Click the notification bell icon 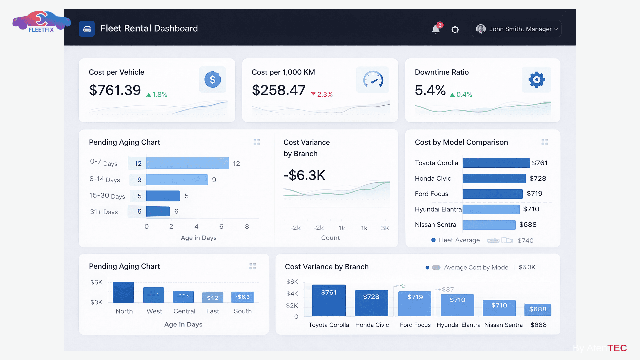point(436,29)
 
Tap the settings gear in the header point(455,30)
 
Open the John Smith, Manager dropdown point(516,29)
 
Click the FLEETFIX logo point(41,22)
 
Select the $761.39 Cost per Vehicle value point(115,90)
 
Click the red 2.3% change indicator point(322,94)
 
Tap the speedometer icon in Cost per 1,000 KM point(373,79)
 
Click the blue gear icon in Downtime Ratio point(536,80)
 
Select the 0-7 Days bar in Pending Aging point(187,163)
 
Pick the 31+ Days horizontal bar point(158,211)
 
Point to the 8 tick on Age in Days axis point(247,227)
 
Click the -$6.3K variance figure point(304,175)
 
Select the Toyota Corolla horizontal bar point(496,163)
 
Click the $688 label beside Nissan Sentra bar point(528,225)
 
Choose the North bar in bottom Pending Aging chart point(123,292)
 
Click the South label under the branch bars point(242,311)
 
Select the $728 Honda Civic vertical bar point(371,303)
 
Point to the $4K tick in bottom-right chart point(292,294)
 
